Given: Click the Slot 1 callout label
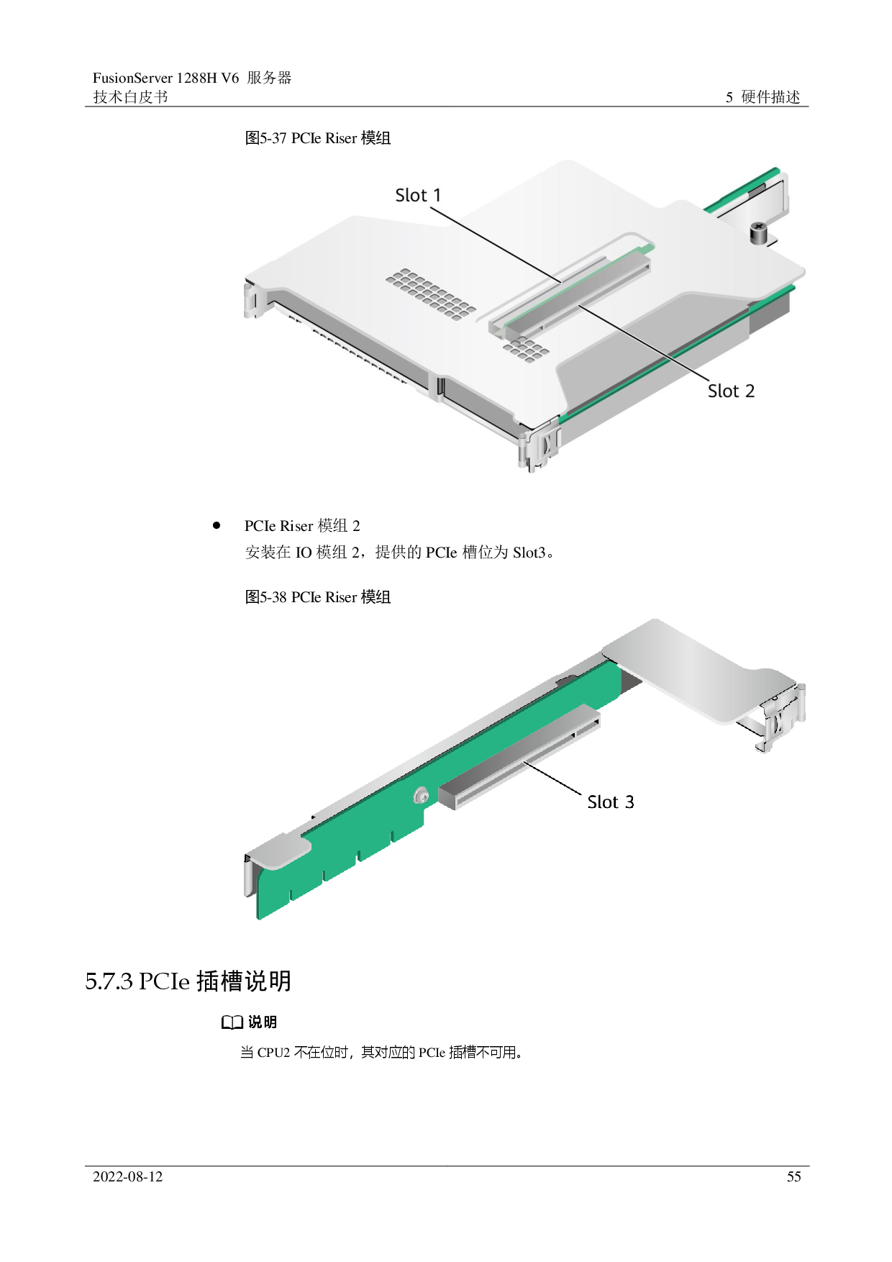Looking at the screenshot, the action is pyautogui.click(x=418, y=195).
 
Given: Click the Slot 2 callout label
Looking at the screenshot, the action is pyautogui.click(x=731, y=391).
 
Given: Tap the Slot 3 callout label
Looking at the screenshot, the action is pyautogui.click(x=611, y=802).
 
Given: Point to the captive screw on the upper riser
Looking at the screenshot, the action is pyautogui.click(x=759, y=232).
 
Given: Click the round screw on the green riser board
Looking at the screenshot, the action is pyautogui.click(x=422, y=795).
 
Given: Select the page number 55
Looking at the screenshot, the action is pyautogui.click(x=793, y=1177).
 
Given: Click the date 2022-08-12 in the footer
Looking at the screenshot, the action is pyautogui.click(x=128, y=1177).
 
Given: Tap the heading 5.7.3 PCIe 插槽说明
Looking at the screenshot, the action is pyautogui.click(x=188, y=981).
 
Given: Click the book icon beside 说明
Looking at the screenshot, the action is pyautogui.click(x=232, y=1022).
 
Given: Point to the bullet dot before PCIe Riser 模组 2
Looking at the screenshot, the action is pyautogui.click(x=217, y=525).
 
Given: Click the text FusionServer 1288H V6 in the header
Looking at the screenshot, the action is pyautogui.click(x=165, y=78).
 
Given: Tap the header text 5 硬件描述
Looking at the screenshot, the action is pyautogui.click(x=763, y=97).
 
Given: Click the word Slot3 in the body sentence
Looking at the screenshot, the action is pyautogui.click(x=529, y=553).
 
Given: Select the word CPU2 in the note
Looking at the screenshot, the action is pyautogui.click(x=273, y=1053).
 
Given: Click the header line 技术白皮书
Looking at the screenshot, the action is pyautogui.click(x=130, y=97).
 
